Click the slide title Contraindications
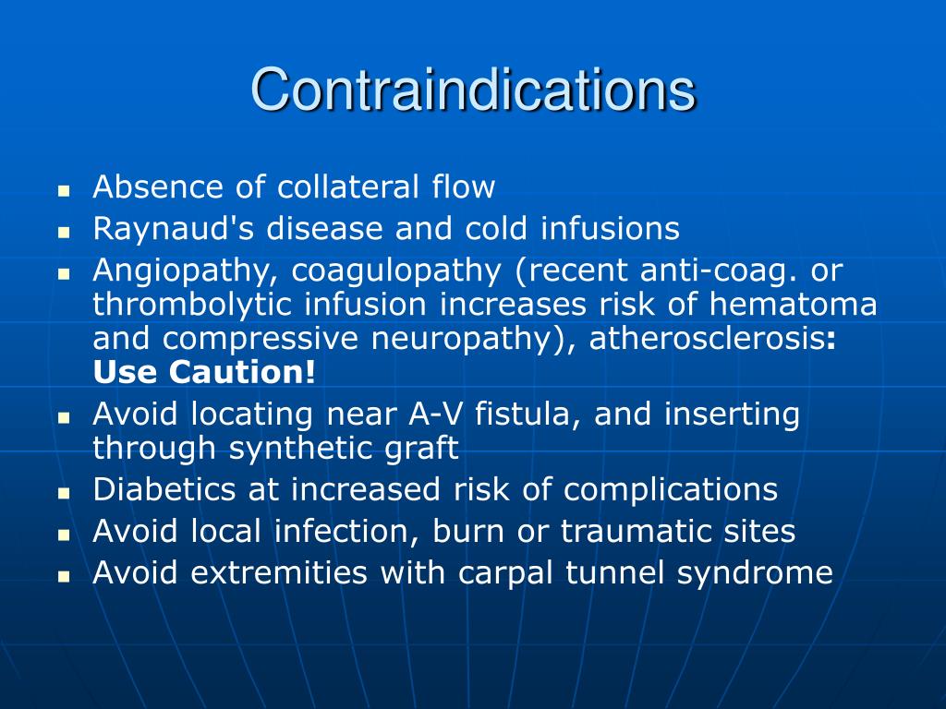coord(473,90)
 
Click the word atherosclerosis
coord(708,339)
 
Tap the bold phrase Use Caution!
coord(204,373)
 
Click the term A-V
coord(438,415)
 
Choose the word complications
coord(672,490)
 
